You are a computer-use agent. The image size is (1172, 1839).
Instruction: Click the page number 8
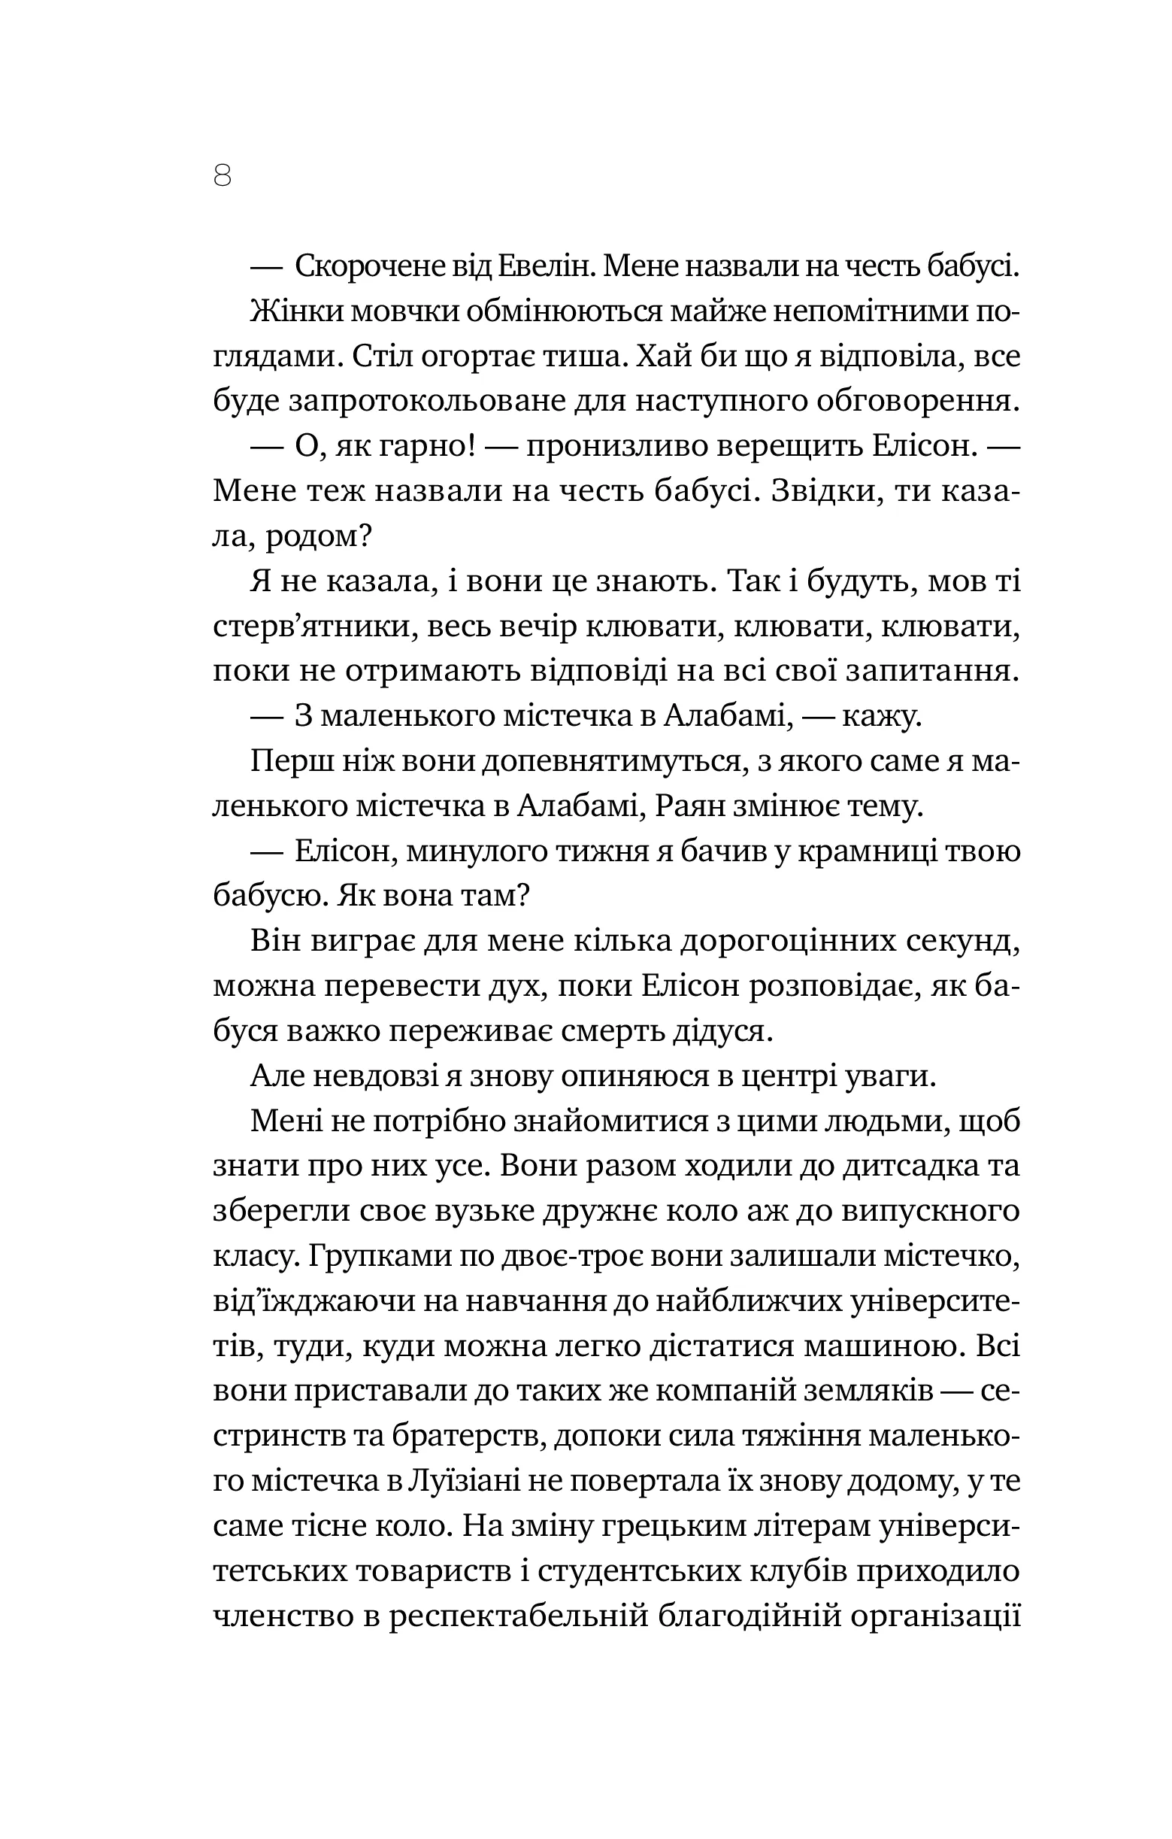click(223, 177)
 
